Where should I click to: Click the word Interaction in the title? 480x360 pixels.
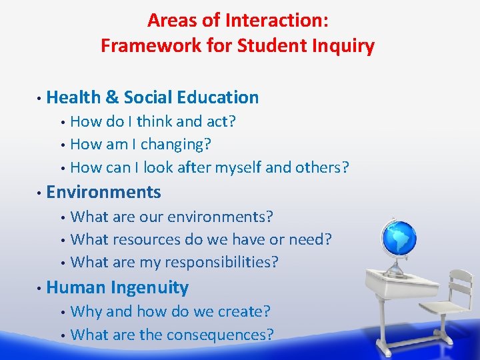(x=275, y=20)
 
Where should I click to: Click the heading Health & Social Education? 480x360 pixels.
(x=153, y=97)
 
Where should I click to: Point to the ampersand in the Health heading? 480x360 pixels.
(x=112, y=97)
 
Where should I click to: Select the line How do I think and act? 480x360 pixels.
(x=153, y=121)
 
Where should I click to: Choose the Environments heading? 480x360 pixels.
(x=104, y=193)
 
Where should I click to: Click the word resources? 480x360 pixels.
(x=147, y=239)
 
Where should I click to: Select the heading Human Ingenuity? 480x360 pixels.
(x=117, y=287)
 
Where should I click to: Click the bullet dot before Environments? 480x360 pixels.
(x=40, y=193)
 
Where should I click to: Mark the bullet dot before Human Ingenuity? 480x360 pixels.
(x=40, y=288)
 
